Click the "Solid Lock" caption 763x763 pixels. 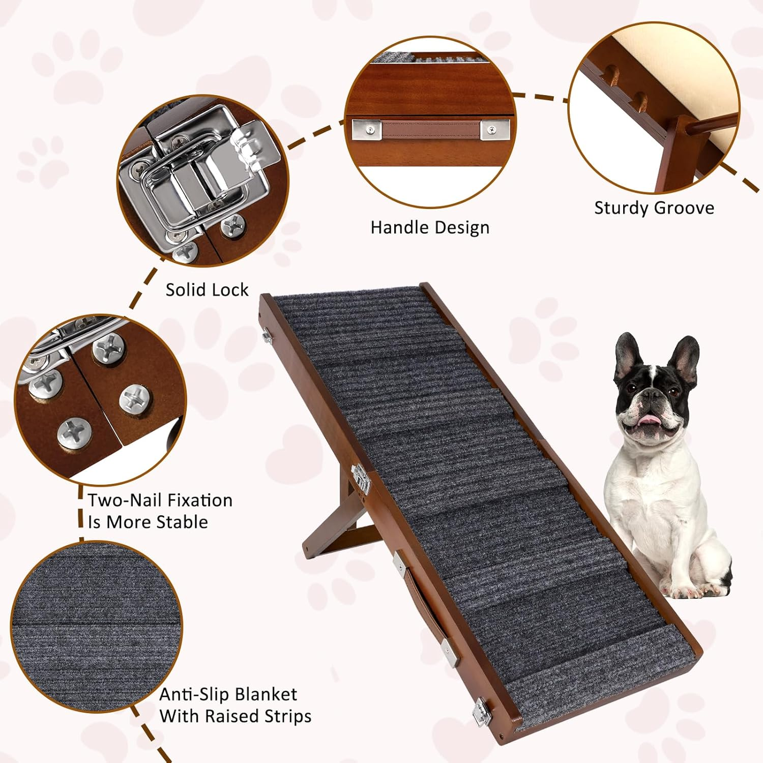(207, 290)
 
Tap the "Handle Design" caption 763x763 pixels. (430, 227)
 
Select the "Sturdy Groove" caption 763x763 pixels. (654, 208)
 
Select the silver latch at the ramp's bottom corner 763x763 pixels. (481, 711)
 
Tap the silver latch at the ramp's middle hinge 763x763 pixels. (360, 476)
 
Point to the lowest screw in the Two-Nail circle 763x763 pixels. (74, 433)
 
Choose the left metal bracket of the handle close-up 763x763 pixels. (366, 129)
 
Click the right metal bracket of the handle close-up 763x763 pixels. (495, 130)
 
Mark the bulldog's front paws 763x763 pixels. (692, 590)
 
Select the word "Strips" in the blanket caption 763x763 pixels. (288, 716)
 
